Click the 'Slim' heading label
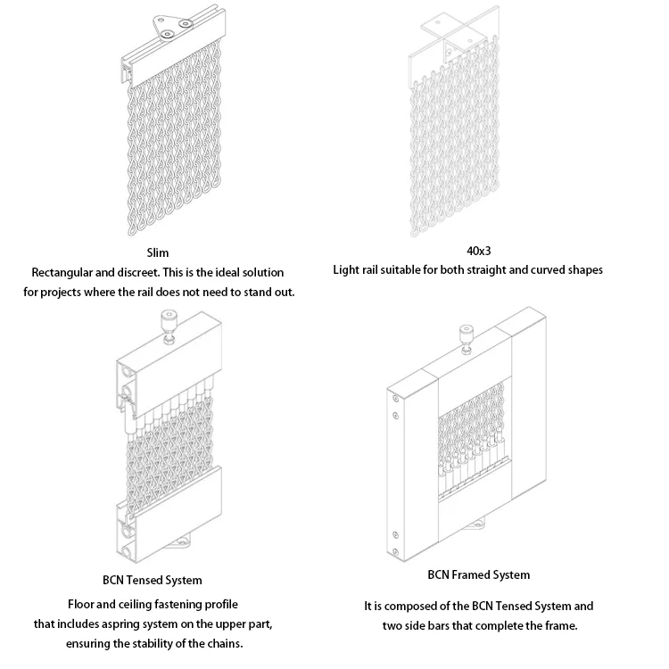click(158, 252)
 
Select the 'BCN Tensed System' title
click(153, 581)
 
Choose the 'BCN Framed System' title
click(478, 574)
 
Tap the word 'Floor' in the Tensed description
click(82, 604)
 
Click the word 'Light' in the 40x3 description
click(348, 269)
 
